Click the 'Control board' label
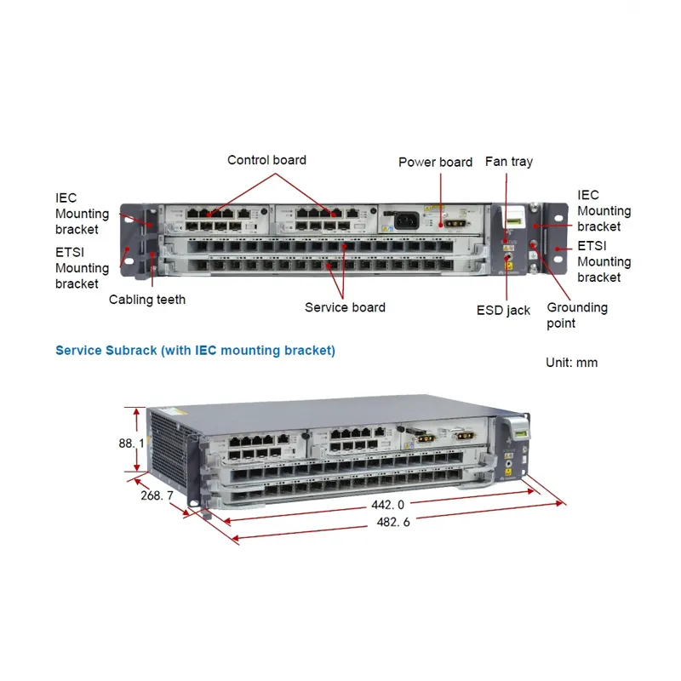point(266,160)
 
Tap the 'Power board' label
point(435,162)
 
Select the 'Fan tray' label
point(508,161)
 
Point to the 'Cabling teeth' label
point(146,300)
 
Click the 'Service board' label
point(345,307)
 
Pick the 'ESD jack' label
point(503,311)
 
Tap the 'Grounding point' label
point(576,315)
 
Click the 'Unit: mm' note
point(571,363)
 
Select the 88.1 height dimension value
point(130,444)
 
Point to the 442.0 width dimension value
point(387,505)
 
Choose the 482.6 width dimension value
point(393,522)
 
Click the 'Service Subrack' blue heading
point(195,351)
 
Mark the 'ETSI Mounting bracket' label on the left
point(82,268)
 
